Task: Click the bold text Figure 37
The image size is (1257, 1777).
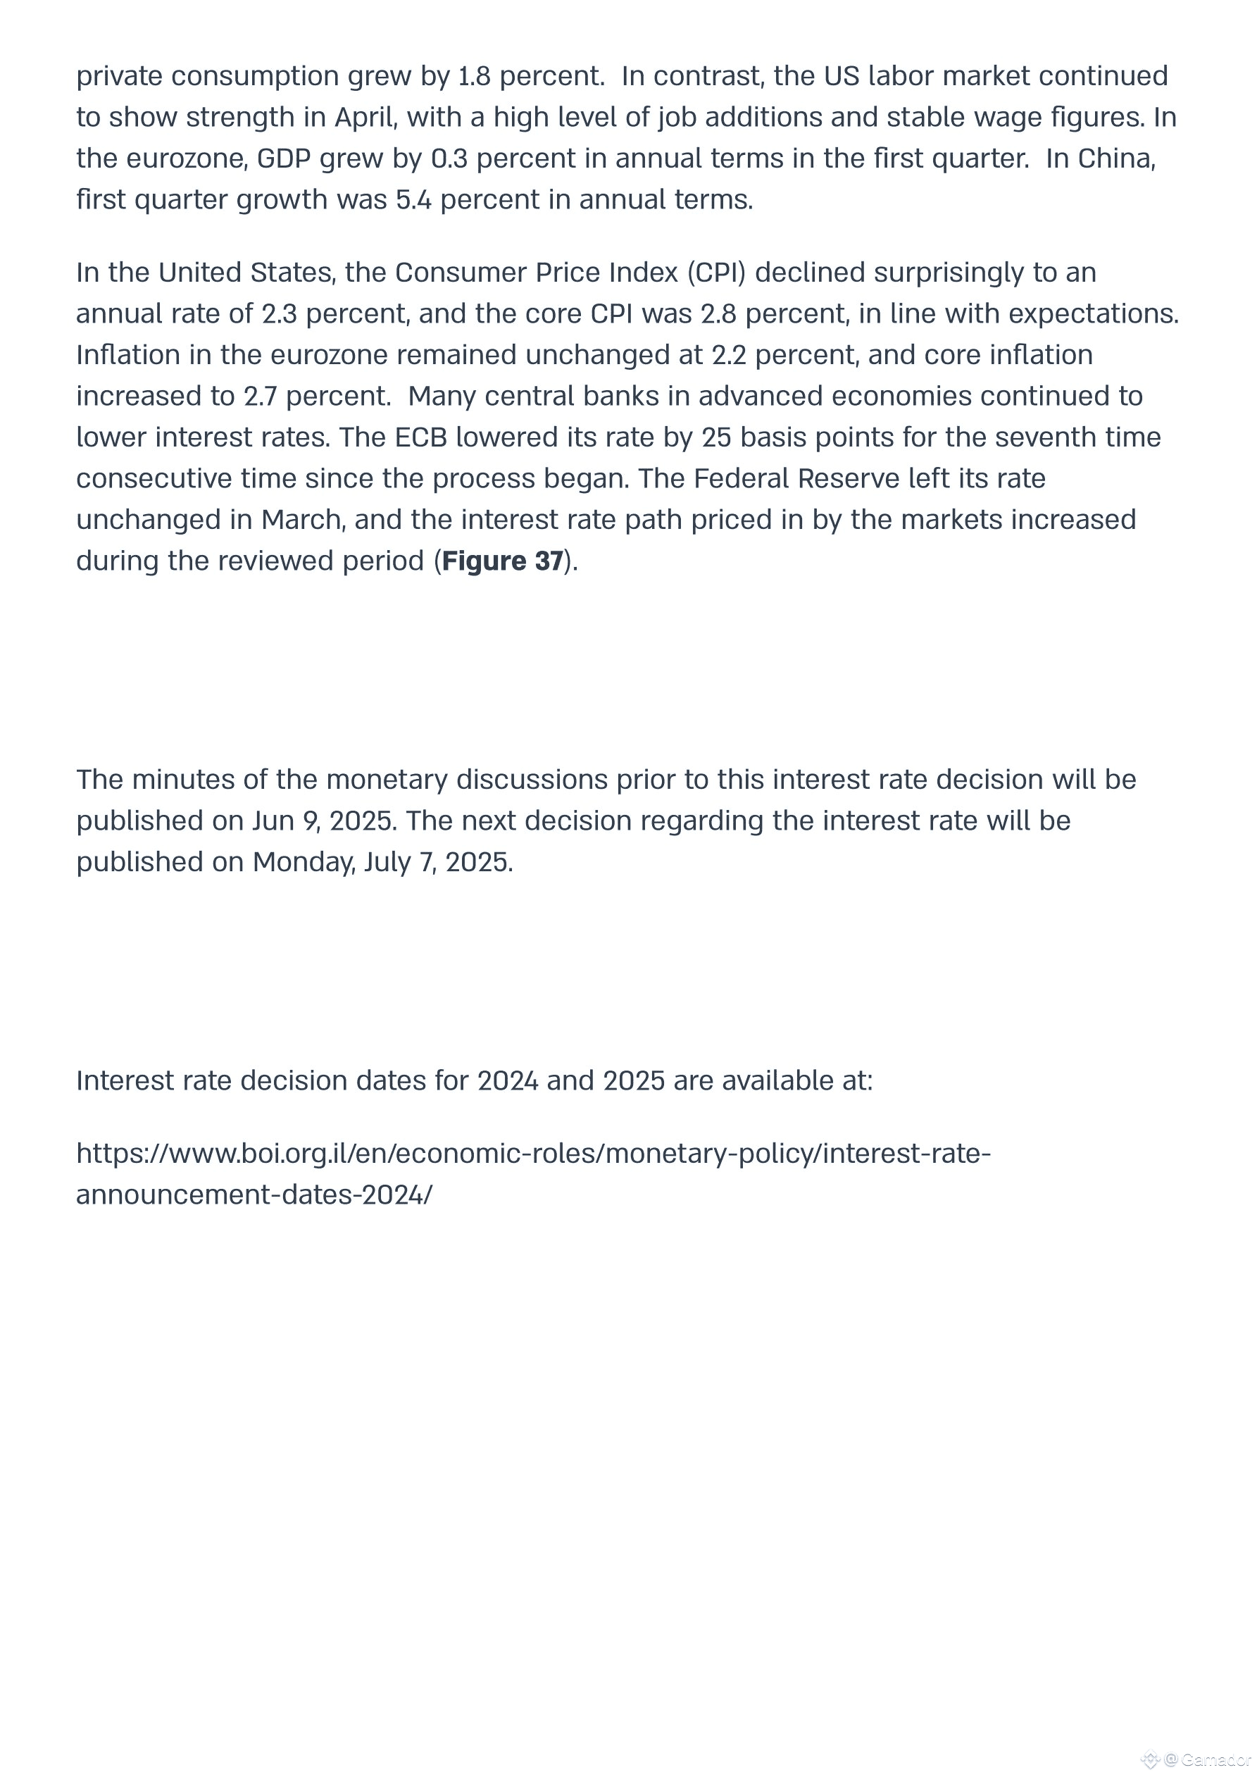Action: [502, 561]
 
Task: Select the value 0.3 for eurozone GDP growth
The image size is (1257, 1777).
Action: [449, 158]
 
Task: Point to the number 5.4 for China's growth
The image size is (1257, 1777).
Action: [413, 200]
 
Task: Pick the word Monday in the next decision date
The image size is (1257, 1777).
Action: [302, 861]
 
